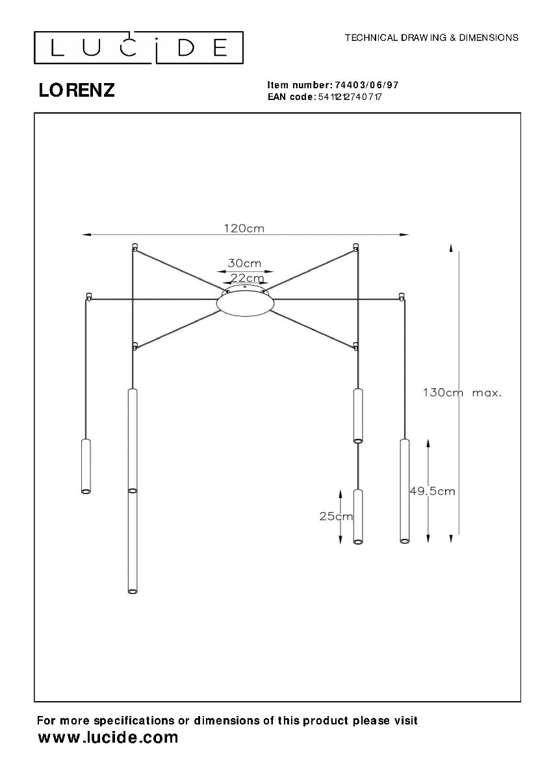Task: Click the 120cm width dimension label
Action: (244, 228)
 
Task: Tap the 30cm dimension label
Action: (244, 263)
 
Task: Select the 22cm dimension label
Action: (247, 278)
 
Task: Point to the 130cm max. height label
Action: (462, 393)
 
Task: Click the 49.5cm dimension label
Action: (432, 491)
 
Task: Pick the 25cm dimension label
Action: (336, 516)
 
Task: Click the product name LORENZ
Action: (77, 91)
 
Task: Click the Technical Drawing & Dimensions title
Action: (431, 38)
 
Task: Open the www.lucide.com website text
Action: (108, 737)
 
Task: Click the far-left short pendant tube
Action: (85, 466)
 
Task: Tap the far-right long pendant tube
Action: (404, 490)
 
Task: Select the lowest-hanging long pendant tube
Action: (133, 541)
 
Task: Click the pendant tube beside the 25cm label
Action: (357, 516)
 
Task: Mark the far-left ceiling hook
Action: (88, 297)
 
